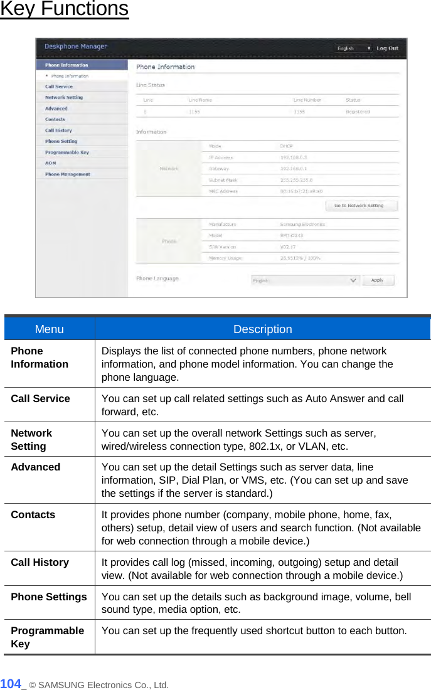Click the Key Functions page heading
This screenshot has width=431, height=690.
pos(64,9)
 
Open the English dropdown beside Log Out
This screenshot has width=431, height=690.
pos(353,48)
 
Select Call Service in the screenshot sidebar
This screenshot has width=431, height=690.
pos(59,87)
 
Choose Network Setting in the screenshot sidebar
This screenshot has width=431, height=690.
pos(64,97)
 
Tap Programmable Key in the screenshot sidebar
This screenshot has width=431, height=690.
pos(67,152)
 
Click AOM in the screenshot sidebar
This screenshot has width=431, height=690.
pos(51,163)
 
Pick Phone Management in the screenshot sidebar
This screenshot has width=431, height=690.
pos(68,174)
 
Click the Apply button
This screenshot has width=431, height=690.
pos(377,280)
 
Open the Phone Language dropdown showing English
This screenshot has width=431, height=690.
pos(305,280)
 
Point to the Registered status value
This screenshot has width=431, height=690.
pos(358,112)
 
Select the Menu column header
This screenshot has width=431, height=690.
pos(50,329)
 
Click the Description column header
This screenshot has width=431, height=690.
pos(262,329)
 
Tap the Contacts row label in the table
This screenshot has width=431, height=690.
pos(33,514)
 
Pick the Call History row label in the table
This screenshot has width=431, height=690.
pos(40,562)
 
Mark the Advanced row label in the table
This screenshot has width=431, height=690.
pos(36,467)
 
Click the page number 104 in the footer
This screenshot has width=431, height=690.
pos(11,684)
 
